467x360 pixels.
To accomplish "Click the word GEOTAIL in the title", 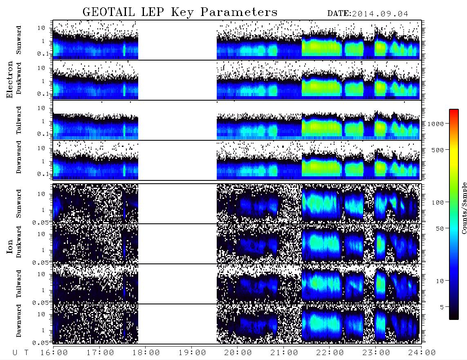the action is (109, 12).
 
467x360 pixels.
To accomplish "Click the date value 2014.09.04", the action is (380, 14).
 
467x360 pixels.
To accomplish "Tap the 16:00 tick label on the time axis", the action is (54, 353).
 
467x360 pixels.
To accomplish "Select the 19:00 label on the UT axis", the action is (192, 353).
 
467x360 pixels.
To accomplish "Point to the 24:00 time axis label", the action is (422, 353).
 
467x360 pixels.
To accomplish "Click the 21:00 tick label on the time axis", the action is (284, 353).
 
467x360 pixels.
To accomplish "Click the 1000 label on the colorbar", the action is (436, 124).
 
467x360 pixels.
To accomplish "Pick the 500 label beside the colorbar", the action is (438, 150).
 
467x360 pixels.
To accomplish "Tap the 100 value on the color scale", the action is (438, 202).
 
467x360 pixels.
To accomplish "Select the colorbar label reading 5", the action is (442, 307).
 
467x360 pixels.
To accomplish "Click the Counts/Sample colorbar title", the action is (464, 208).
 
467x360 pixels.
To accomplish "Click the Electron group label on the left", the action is (10, 79).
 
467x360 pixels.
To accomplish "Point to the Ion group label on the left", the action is (10, 246).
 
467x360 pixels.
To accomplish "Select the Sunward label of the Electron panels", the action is (19, 40).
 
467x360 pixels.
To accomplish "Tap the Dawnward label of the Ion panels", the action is (19, 321).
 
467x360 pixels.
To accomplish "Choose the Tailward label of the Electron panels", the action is (19, 120).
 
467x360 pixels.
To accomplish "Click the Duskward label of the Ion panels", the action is (19, 242).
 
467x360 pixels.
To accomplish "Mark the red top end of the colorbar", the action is (454, 110).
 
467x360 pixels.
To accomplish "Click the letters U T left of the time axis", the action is (20, 353).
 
